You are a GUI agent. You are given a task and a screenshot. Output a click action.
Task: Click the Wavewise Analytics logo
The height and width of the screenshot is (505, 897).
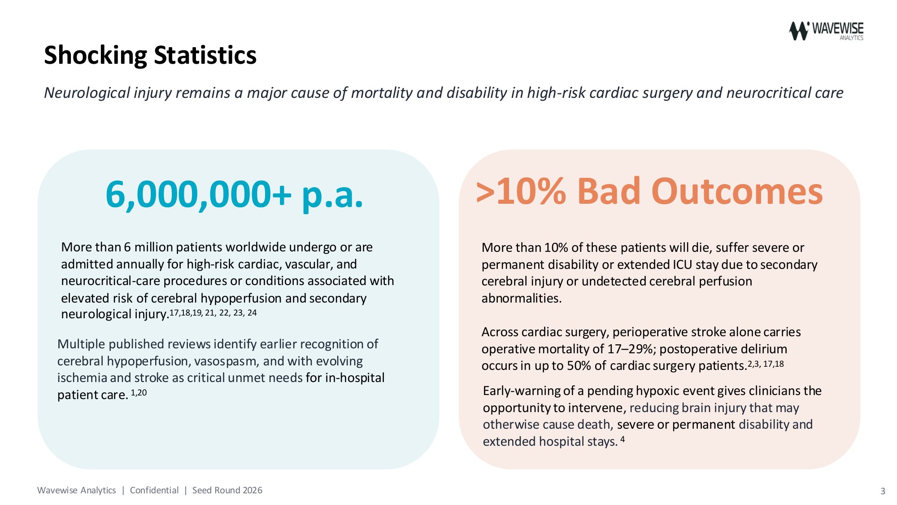[826, 31]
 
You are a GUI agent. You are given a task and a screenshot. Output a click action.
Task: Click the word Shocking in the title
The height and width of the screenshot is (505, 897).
[96, 56]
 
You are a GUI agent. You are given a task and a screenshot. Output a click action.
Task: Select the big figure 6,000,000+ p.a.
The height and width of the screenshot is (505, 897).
[234, 195]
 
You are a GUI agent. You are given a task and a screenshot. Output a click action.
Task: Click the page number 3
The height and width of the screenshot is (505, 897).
[883, 491]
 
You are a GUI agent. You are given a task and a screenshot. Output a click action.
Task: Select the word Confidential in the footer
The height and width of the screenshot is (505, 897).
[154, 490]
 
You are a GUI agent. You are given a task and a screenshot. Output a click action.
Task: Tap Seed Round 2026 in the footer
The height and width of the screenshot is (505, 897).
[227, 490]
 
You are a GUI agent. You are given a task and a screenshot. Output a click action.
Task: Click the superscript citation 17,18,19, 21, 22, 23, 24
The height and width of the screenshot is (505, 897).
[213, 312]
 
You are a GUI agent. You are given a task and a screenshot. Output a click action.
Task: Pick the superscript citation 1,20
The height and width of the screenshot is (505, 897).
[139, 393]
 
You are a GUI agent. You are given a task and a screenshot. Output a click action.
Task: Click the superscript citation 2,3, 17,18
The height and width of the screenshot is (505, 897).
[766, 364]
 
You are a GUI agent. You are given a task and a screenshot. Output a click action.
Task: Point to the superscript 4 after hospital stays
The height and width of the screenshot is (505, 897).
[623, 439]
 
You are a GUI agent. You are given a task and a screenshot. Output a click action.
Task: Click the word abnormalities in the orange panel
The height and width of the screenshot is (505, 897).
[522, 298]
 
